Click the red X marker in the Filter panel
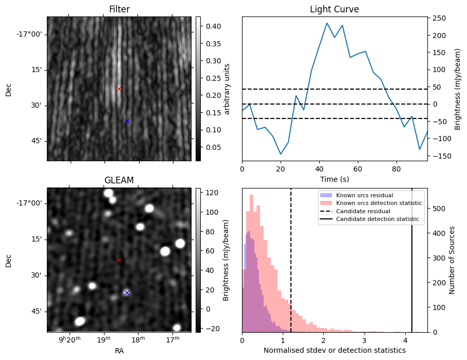point(119,89)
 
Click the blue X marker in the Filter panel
point(127,121)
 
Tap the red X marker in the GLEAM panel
point(119,260)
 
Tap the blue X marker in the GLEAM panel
point(127,293)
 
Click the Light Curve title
point(334,9)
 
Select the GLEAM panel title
point(119,180)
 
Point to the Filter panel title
point(119,9)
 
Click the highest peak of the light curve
point(327,23)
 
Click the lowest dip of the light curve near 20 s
point(281,154)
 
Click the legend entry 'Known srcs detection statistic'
point(379,203)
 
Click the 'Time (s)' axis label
point(334,178)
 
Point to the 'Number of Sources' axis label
point(452,260)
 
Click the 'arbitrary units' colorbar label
point(227,89)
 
